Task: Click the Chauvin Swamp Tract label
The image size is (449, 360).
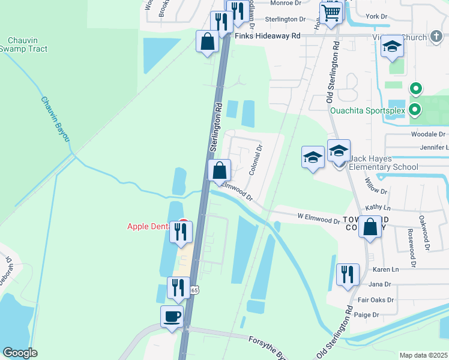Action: pyautogui.click(x=23, y=44)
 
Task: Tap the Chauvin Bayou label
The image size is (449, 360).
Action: pyautogui.click(x=53, y=119)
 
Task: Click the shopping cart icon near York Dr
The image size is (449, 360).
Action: pyautogui.click(x=331, y=13)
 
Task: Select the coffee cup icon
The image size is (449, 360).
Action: pyautogui.click(x=172, y=316)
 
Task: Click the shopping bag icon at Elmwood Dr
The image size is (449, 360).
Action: pyautogui.click(x=220, y=170)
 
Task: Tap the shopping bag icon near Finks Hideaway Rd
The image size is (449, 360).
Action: pyautogui.click(x=208, y=41)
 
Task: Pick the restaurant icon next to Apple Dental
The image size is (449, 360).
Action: pyautogui.click(x=181, y=231)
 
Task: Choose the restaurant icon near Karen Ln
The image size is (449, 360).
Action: pyautogui.click(x=348, y=274)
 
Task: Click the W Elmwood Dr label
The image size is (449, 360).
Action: pyautogui.click(x=318, y=218)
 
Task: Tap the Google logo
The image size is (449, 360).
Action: pyautogui.click(x=20, y=353)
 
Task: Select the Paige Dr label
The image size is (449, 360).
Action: pyautogui.click(x=367, y=315)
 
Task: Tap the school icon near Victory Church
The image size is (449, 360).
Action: pyautogui.click(x=392, y=47)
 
